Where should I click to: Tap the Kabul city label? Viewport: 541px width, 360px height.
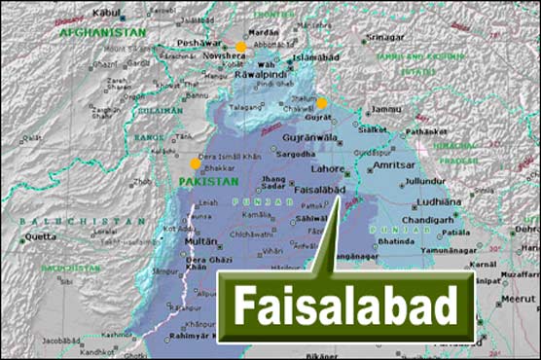pyautogui.click(x=108, y=12)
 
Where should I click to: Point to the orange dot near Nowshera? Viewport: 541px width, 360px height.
pyautogui.click(x=240, y=47)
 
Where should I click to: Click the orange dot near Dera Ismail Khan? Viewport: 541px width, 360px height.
pyautogui.click(x=196, y=163)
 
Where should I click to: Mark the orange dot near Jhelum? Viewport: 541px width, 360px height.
pyautogui.click(x=322, y=103)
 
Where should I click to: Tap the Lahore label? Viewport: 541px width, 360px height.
pyautogui.click(x=338, y=168)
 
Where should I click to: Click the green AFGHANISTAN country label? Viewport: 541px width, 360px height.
pyautogui.click(x=102, y=32)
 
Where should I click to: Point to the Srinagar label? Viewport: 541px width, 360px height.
pyautogui.click(x=384, y=37)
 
